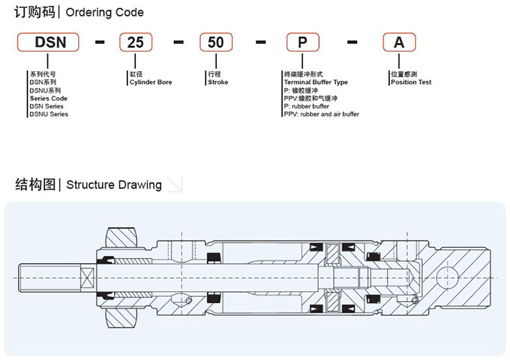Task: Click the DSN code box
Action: (x=50, y=42)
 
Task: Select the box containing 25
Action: (x=135, y=42)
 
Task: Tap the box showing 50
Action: (x=215, y=42)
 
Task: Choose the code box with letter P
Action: (x=303, y=42)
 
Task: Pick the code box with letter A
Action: (x=399, y=42)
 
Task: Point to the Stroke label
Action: (x=218, y=83)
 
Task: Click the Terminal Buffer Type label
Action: (x=315, y=83)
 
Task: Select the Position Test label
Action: (x=410, y=83)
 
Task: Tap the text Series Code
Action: (x=48, y=98)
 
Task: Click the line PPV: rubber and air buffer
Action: (x=321, y=114)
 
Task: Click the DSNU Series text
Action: (x=49, y=114)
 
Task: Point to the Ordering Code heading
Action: (x=105, y=12)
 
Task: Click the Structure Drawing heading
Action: (x=113, y=185)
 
